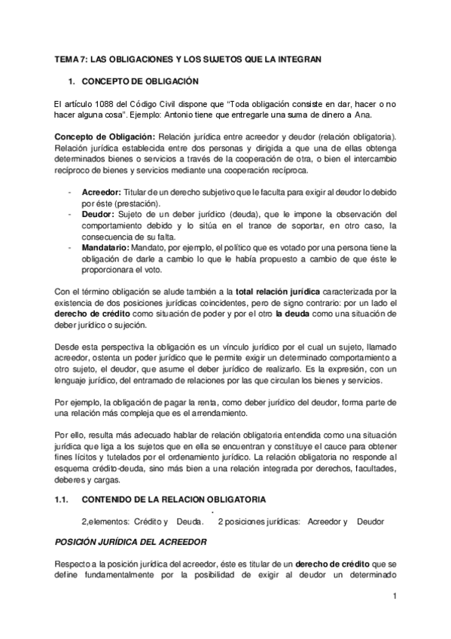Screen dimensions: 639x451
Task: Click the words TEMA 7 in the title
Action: click(x=72, y=58)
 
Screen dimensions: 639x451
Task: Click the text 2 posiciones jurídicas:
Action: click(x=259, y=521)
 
